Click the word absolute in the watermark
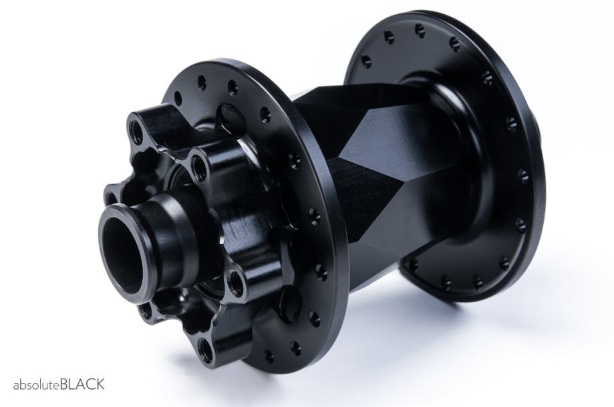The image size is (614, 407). (37, 385)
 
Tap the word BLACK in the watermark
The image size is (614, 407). (82, 384)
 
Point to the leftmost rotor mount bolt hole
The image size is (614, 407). (112, 197)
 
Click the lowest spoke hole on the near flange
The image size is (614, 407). (269, 356)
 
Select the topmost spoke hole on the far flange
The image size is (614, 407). (420, 29)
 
